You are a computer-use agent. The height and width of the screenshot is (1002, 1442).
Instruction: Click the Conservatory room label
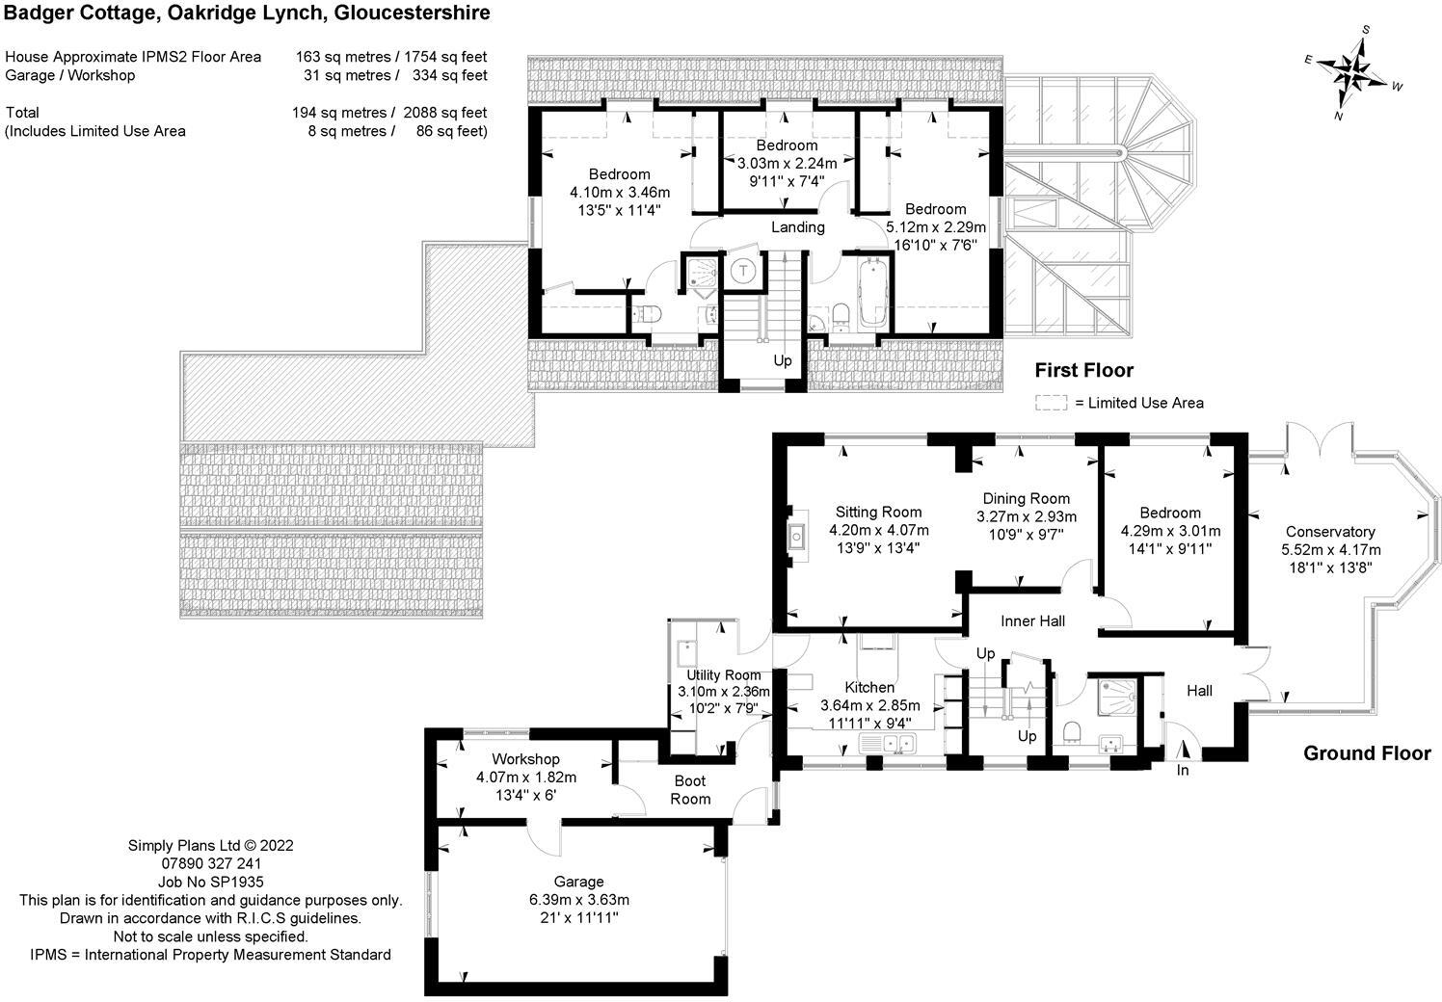pyautogui.click(x=1330, y=532)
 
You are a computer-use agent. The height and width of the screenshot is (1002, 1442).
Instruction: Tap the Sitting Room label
pyautogui.click(x=878, y=513)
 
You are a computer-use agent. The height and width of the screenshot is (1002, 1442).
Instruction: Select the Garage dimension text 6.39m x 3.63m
pyautogui.click(x=578, y=900)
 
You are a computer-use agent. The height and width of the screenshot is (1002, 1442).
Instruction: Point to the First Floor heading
pyautogui.click(x=1084, y=370)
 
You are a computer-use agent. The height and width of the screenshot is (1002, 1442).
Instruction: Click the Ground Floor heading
pyautogui.click(x=1367, y=753)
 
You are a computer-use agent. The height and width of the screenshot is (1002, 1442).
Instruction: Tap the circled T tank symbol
pyautogui.click(x=743, y=271)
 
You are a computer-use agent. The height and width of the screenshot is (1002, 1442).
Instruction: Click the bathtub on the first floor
pyautogui.click(x=873, y=293)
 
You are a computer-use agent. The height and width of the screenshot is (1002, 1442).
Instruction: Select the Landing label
pyautogui.click(x=797, y=227)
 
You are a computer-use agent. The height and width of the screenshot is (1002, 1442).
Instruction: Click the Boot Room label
pyautogui.click(x=690, y=790)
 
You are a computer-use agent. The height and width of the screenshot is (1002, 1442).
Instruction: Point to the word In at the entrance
pyautogui.click(x=1183, y=771)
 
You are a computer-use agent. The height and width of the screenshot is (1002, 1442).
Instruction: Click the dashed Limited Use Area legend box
pyautogui.click(x=1051, y=403)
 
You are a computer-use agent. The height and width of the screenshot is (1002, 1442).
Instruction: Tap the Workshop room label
pyautogui.click(x=525, y=759)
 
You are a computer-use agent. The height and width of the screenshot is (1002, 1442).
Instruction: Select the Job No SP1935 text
pyautogui.click(x=210, y=882)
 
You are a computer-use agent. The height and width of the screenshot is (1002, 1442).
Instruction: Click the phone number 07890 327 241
pyautogui.click(x=211, y=863)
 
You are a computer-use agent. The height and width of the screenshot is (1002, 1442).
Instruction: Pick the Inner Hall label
pyautogui.click(x=1032, y=621)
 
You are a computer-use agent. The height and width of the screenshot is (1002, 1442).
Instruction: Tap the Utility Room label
pyautogui.click(x=724, y=675)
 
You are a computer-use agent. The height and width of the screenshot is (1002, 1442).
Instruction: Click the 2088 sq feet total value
pyautogui.click(x=444, y=113)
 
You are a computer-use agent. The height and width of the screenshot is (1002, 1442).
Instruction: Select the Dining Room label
pyautogui.click(x=1027, y=499)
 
